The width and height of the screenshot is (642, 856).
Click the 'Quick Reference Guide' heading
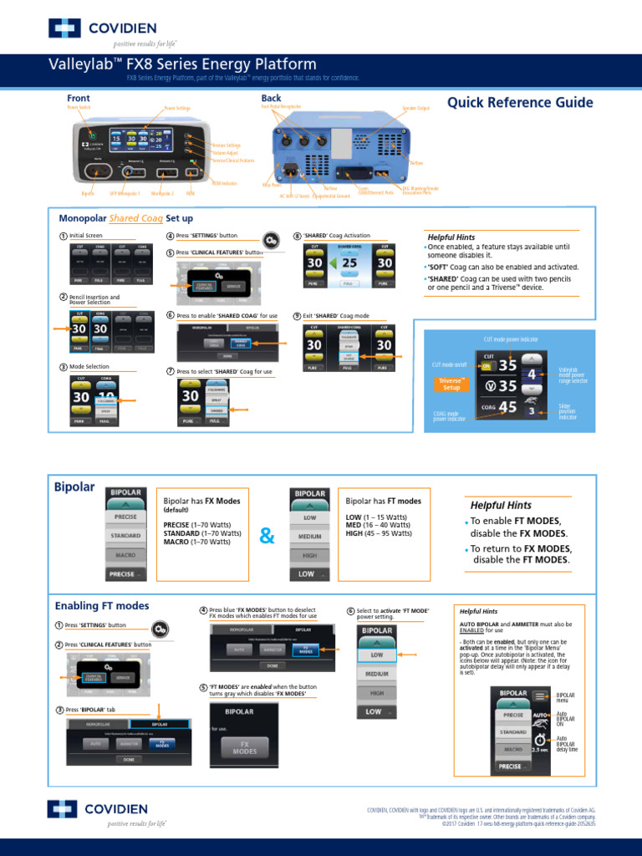[520, 103]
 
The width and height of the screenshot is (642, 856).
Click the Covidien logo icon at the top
[64, 28]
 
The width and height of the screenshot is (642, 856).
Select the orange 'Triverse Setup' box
[451, 384]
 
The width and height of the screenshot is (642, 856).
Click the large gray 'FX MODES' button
[244, 746]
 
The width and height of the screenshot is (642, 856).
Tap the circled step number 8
[297, 237]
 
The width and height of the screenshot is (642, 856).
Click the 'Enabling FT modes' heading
[102, 605]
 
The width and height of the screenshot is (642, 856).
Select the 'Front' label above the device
[79, 99]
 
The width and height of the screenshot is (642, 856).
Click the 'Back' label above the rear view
[271, 99]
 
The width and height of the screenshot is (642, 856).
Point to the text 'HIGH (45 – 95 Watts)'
[379, 533]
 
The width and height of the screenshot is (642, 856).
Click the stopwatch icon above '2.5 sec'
[541, 741]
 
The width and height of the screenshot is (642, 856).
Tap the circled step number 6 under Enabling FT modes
[350, 611]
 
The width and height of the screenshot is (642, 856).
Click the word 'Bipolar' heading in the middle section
[74, 487]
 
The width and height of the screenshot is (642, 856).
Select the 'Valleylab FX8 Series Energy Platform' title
[181, 65]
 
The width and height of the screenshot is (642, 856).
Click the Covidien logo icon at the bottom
[64, 808]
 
